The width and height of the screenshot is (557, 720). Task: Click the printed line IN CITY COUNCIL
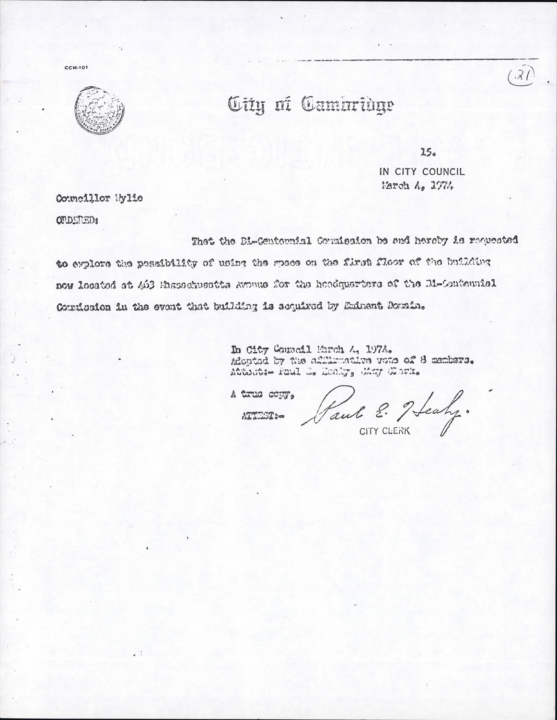click(421, 171)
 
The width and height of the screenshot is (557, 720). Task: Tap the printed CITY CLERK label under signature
click(385, 431)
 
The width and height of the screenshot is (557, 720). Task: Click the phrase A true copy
click(261, 395)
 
